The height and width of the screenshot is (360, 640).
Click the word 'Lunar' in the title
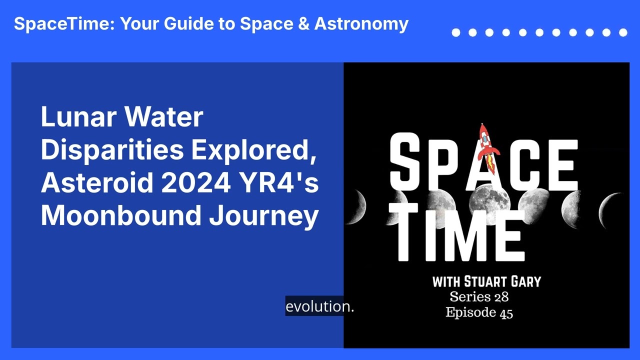[x=78, y=116]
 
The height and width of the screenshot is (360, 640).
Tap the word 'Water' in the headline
[x=163, y=116]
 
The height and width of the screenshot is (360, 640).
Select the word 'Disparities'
[x=112, y=150]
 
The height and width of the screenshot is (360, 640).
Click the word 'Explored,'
[x=253, y=150]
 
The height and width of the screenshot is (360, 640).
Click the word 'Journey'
[x=264, y=217]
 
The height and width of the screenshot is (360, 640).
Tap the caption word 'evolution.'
[x=319, y=306]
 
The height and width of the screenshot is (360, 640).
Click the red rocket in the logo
[x=488, y=148]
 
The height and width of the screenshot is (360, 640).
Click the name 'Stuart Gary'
[x=502, y=281]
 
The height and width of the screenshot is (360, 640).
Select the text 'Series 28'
[x=479, y=296]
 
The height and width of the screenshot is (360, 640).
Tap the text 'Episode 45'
[x=479, y=312]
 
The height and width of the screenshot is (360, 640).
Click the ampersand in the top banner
[x=303, y=23]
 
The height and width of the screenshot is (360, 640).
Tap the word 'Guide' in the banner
[x=188, y=23]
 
